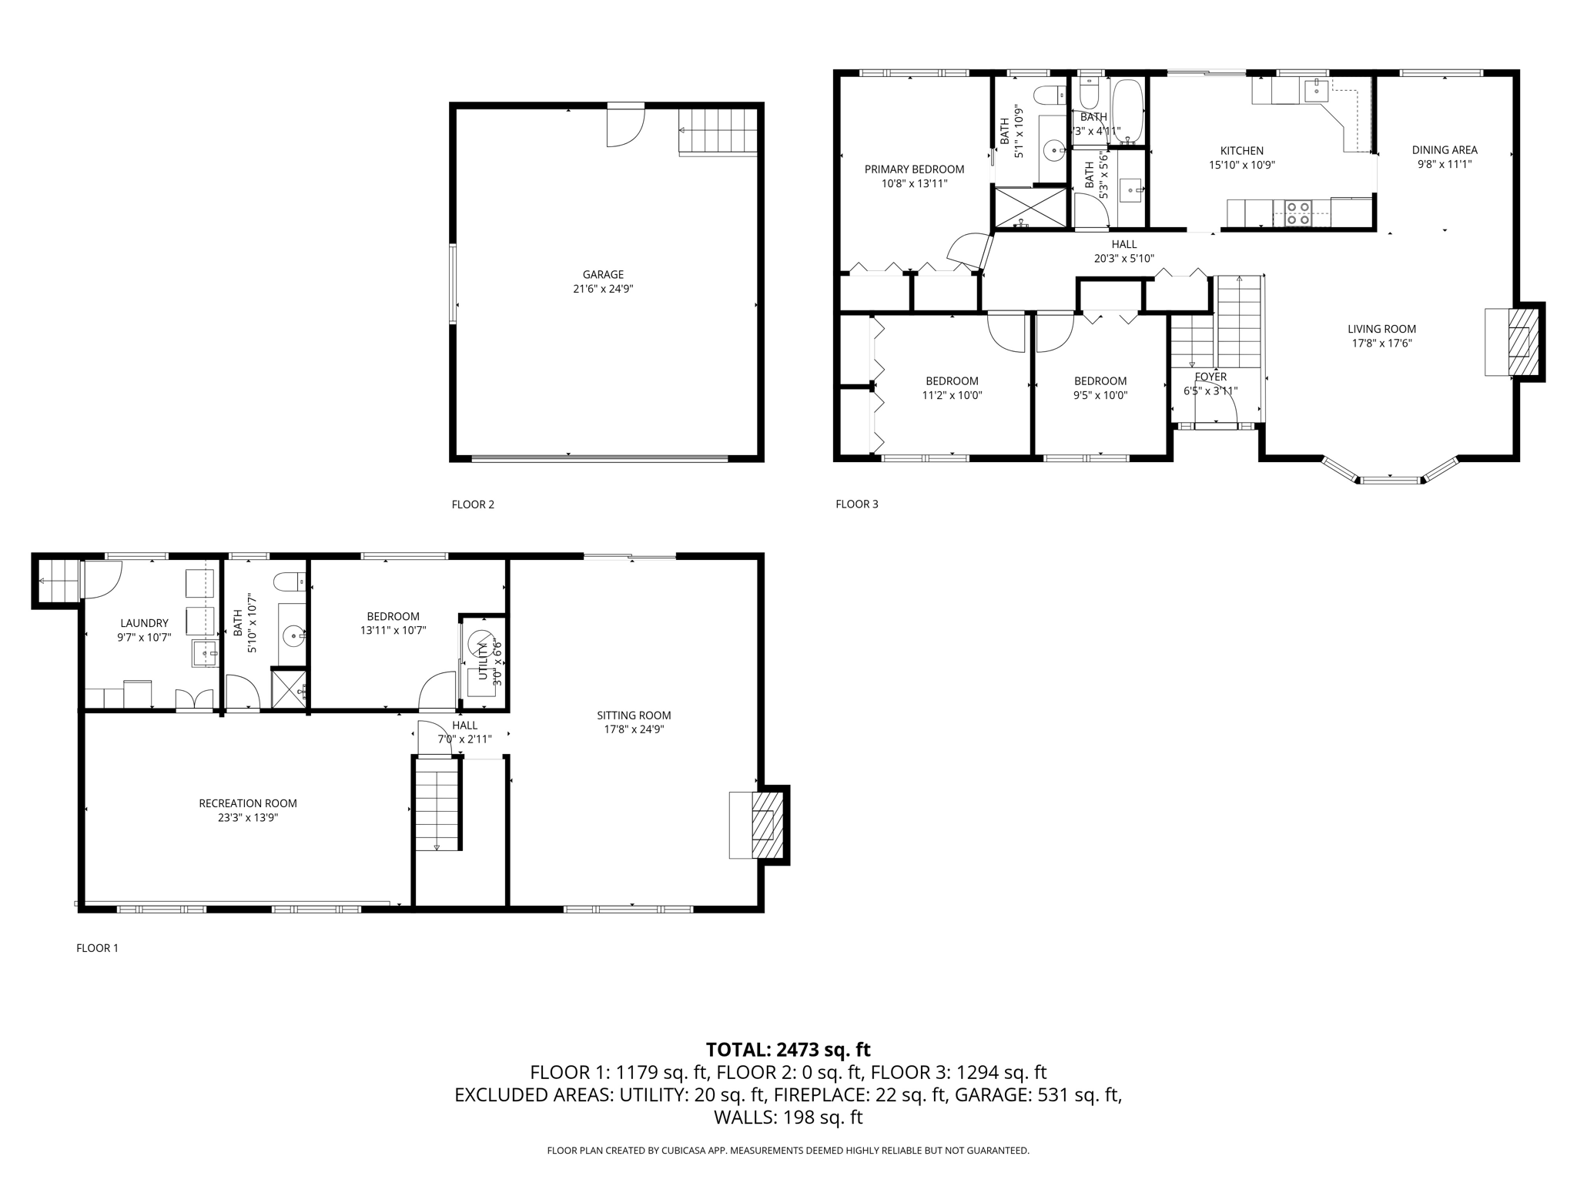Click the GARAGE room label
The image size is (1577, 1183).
pyautogui.click(x=603, y=274)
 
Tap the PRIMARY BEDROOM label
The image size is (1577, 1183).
pyautogui.click(x=914, y=169)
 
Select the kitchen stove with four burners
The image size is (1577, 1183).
pyautogui.click(x=1297, y=213)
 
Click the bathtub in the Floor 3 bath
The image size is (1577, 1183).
pyautogui.click(x=1128, y=111)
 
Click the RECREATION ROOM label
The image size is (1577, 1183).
pyautogui.click(x=248, y=803)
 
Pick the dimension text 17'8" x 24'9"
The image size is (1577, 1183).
pyautogui.click(x=634, y=729)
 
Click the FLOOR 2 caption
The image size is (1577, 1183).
pyautogui.click(x=473, y=504)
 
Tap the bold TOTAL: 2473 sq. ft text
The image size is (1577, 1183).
pyautogui.click(x=788, y=1050)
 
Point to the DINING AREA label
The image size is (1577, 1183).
pyautogui.click(x=1445, y=150)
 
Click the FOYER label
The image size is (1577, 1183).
pyautogui.click(x=1210, y=377)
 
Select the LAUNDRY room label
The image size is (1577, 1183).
pyautogui.click(x=144, y=623)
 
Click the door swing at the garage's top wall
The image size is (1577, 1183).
pyautogui.click(x=624, y=126)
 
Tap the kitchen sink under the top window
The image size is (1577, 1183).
pyautogui.click(x=1316, y=90)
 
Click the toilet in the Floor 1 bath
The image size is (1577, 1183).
pyautogui.click(x=291, y=580)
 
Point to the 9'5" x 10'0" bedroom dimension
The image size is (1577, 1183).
pyautogui.click(x=1100, y=395)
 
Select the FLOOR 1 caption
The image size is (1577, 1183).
pyautogui.click(x=97, y=948)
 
